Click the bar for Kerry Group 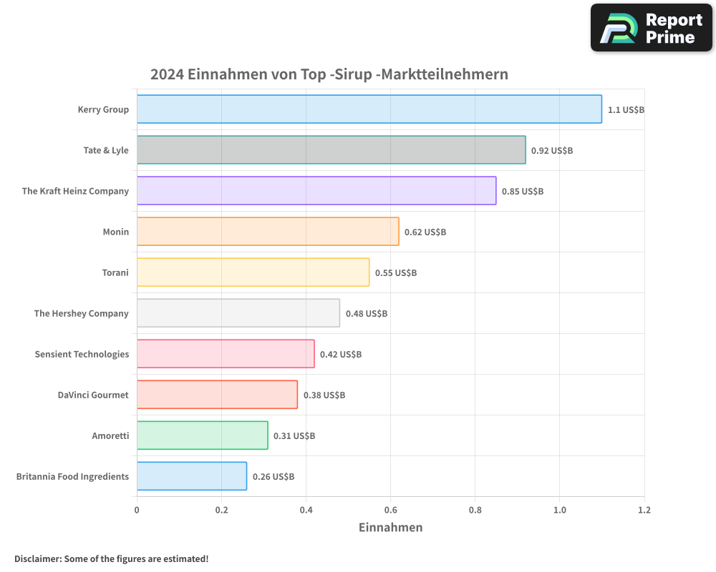(369, 109)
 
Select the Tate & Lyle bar (331, 150)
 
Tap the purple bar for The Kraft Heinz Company (316, 191)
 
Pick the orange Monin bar (268, 232)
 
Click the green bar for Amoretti (202, 435)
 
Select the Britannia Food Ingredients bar (191, 476)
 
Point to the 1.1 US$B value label (626, 110)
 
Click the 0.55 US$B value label (396, 273)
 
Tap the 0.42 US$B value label (341, 355)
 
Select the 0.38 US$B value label (324, 395)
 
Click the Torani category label (115, 272)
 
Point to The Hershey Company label (81, 313)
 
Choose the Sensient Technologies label (82, 354)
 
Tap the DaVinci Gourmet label (93, 395)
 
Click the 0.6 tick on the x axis (390, 511)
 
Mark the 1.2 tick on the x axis (644, 511)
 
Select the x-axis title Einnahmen (390, 528)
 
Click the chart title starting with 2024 (329, 74)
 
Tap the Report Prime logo (651, 28)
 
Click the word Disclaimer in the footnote (37, 558)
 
